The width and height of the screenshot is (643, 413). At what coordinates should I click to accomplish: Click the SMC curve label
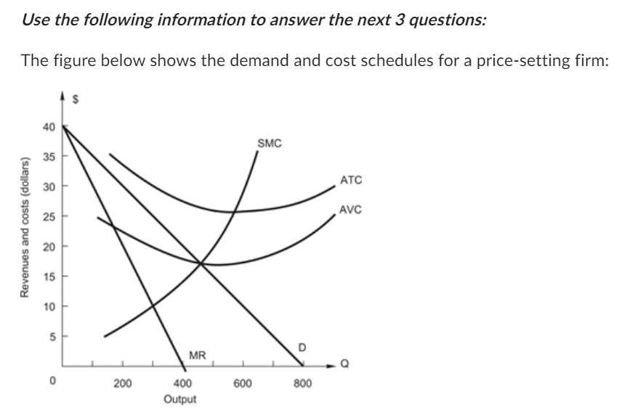pos(269,143)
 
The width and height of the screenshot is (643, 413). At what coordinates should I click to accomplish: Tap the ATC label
pos(350,179)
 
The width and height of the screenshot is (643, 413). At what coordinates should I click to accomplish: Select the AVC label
pos(350,210)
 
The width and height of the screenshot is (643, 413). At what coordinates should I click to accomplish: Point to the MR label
pos(198,355)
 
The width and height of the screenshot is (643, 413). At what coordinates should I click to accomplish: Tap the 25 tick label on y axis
pos(49,216)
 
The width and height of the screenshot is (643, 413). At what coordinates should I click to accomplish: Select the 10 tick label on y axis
pos(49,306)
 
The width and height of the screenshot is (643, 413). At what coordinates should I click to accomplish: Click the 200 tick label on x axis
pos(122,383)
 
